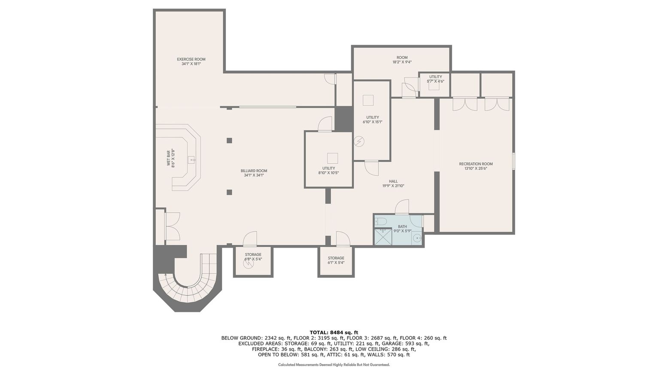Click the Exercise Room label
tap(191, 61)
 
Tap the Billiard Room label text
tap(254, 173)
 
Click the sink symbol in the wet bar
tap(191, 160)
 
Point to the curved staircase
tap(189, 288)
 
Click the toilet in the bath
tap(381, 222)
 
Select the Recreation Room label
tap(476, 166)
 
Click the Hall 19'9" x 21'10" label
tap(393, 183)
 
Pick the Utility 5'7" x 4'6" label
tap(435, 79)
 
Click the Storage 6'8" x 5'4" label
tap(253, 257)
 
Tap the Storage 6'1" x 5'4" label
tap(336, 260)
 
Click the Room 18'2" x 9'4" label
tap(402, 60)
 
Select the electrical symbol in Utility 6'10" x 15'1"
tap(359, 141)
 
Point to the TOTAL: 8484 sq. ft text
tap(334, 332)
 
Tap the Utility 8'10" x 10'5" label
tap(329, 171)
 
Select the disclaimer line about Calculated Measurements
tap(334, 365)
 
